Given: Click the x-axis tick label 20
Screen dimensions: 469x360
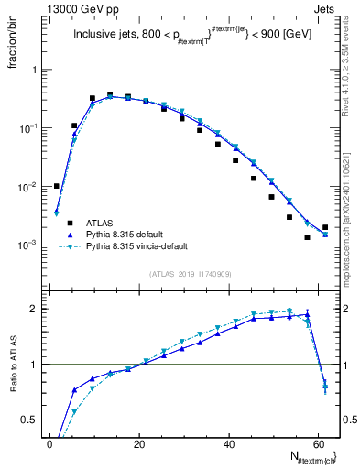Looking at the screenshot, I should point(139,442).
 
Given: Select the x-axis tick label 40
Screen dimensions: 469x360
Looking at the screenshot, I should point(229,442).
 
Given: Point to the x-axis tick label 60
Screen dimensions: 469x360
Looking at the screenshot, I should point(318,442).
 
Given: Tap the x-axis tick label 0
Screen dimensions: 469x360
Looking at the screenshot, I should point(49,442).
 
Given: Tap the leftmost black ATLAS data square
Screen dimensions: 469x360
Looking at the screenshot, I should point(57,186).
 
